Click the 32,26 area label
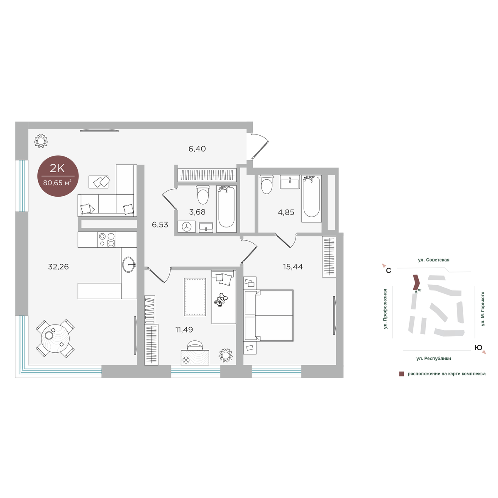[59, 267]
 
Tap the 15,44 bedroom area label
[293, 266]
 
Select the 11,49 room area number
[184, 330]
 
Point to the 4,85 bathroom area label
[286, 212]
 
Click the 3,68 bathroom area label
[197, 212]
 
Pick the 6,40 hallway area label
[197, 149]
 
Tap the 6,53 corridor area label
[160, 225]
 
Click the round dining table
[55, 338]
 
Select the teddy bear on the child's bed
[220, 300]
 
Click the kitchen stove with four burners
[107, 239]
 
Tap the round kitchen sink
[129, 264]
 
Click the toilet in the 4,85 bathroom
[267, 185]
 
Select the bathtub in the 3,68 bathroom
[227, 209]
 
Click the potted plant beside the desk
[226, 355]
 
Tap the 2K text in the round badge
[57, 168]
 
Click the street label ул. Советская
[434, 260]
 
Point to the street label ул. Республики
[434, 359]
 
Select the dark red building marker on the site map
[416, 282]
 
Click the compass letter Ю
[478, 348]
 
